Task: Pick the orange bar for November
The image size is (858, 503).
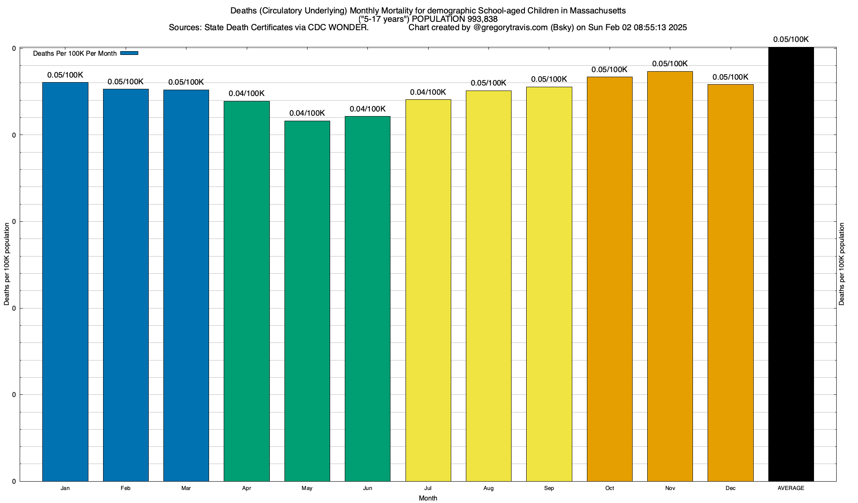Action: click(670, 276)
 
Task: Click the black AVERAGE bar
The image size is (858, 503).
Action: click(791, 264)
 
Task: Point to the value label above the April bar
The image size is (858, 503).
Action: click(247, 93)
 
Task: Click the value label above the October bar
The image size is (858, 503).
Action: click(610, 70)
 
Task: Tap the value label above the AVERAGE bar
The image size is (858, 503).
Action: click(791, 39)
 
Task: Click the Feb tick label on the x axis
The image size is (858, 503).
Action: click(125, 488)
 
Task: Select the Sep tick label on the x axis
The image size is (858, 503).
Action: click(549, 488)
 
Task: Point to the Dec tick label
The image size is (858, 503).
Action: click(731, 488)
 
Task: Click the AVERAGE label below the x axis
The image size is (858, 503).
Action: click(791, 488)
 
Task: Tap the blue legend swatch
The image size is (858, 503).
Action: click(129, 53)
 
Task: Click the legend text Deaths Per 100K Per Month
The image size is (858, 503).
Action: click(75, 54)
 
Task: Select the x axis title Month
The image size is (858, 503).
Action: click(428, 498)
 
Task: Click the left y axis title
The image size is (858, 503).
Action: click(7, 264)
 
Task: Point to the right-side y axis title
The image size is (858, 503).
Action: click(842, 264)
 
